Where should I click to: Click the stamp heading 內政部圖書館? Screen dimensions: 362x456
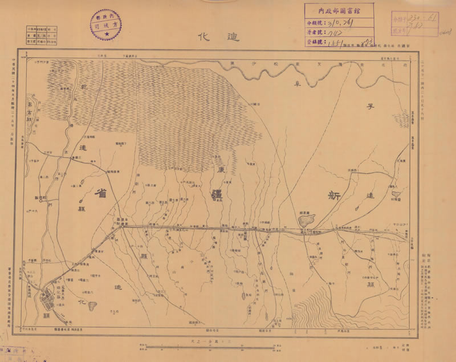(x=340, y=9)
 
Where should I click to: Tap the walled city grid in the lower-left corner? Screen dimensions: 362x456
(x=47, y=299)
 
